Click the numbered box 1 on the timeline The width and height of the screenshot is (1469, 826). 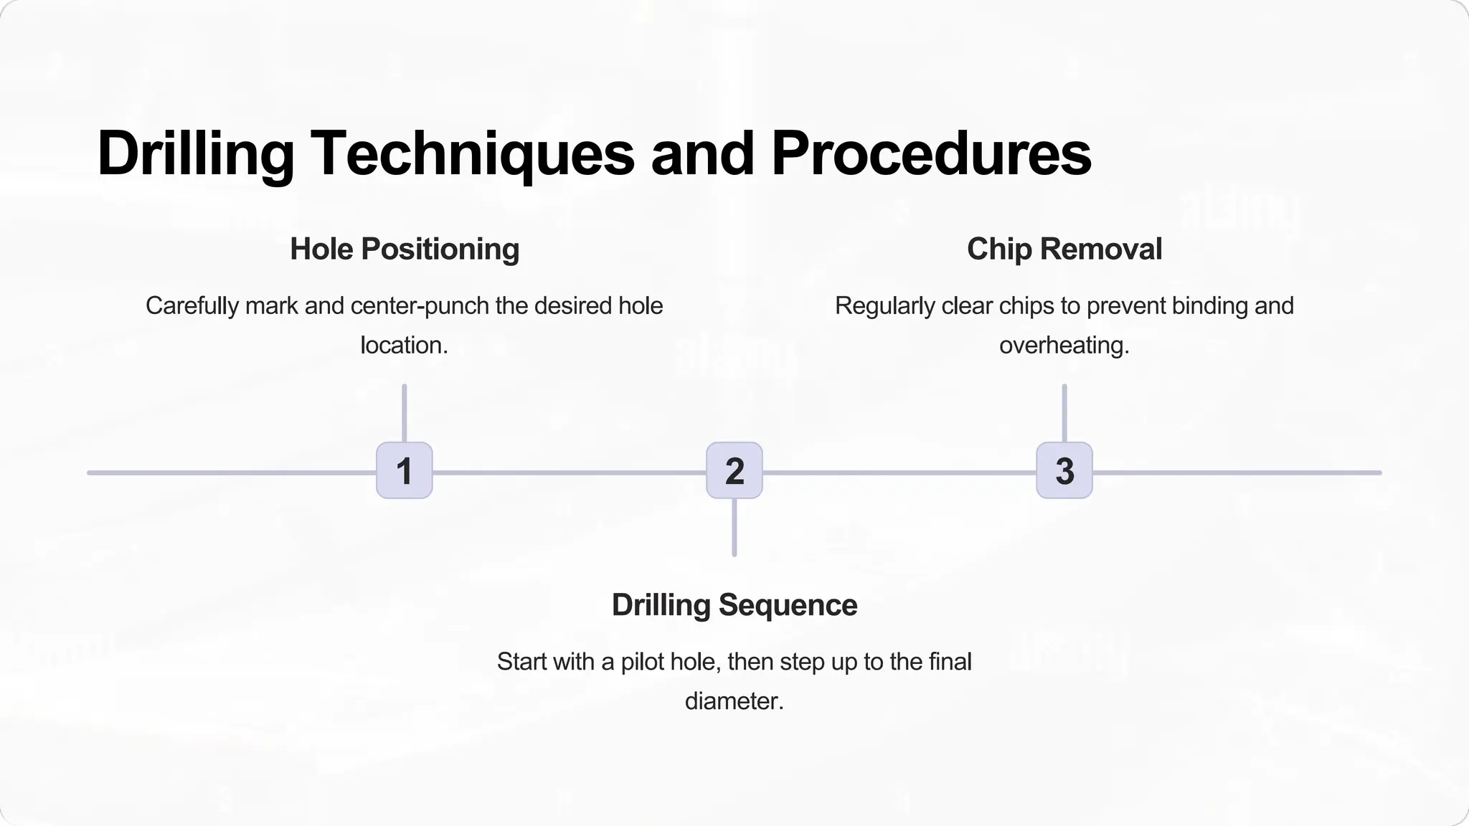(x=405, y=470)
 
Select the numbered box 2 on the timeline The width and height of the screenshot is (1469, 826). (x=734, y=470)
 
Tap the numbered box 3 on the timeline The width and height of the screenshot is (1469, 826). (x=1064, y=470)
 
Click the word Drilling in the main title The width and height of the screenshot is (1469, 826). (x=196, y=153)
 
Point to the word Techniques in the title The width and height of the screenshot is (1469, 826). (x=473, y=153)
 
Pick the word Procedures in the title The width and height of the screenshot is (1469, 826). (x=931, y=153)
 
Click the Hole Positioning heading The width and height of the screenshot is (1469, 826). (x=405, y=249)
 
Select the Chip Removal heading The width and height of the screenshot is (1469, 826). (x=1064, y=249)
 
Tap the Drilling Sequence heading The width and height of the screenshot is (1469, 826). (x=734, y=604)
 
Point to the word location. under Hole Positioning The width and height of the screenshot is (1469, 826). (x=405, y=345)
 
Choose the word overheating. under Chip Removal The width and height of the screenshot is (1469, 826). (x=1064, y=345)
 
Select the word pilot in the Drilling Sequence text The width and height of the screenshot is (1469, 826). (x=642, y=661)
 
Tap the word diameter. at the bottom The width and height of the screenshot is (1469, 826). (x=734, y=701)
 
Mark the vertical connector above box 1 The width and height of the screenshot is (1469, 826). (x=405, y=413)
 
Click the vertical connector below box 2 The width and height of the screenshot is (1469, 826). (x=734, y=528)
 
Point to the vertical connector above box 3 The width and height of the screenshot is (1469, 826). (x=1064, y=413)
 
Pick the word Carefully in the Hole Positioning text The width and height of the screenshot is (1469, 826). (x=192, y=306)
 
